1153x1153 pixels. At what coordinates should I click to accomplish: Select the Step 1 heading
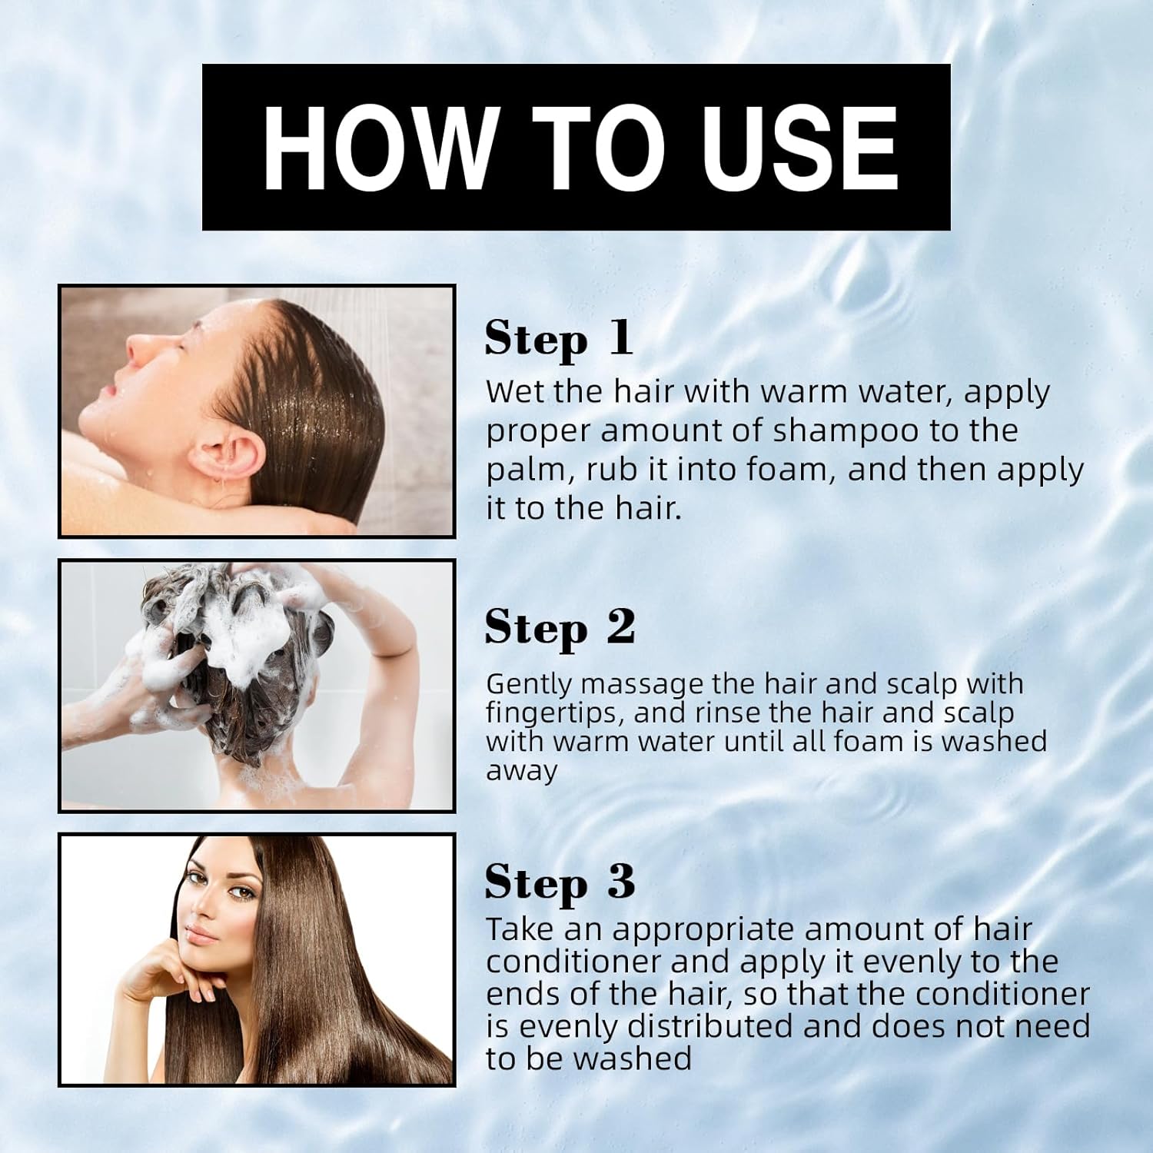[x=559, y=339]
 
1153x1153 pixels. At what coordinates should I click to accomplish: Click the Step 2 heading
[x=560, y=629]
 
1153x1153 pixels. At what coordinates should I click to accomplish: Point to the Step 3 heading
[x=560, y=882]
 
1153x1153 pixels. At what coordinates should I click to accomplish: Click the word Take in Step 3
[x=520, y=929]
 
